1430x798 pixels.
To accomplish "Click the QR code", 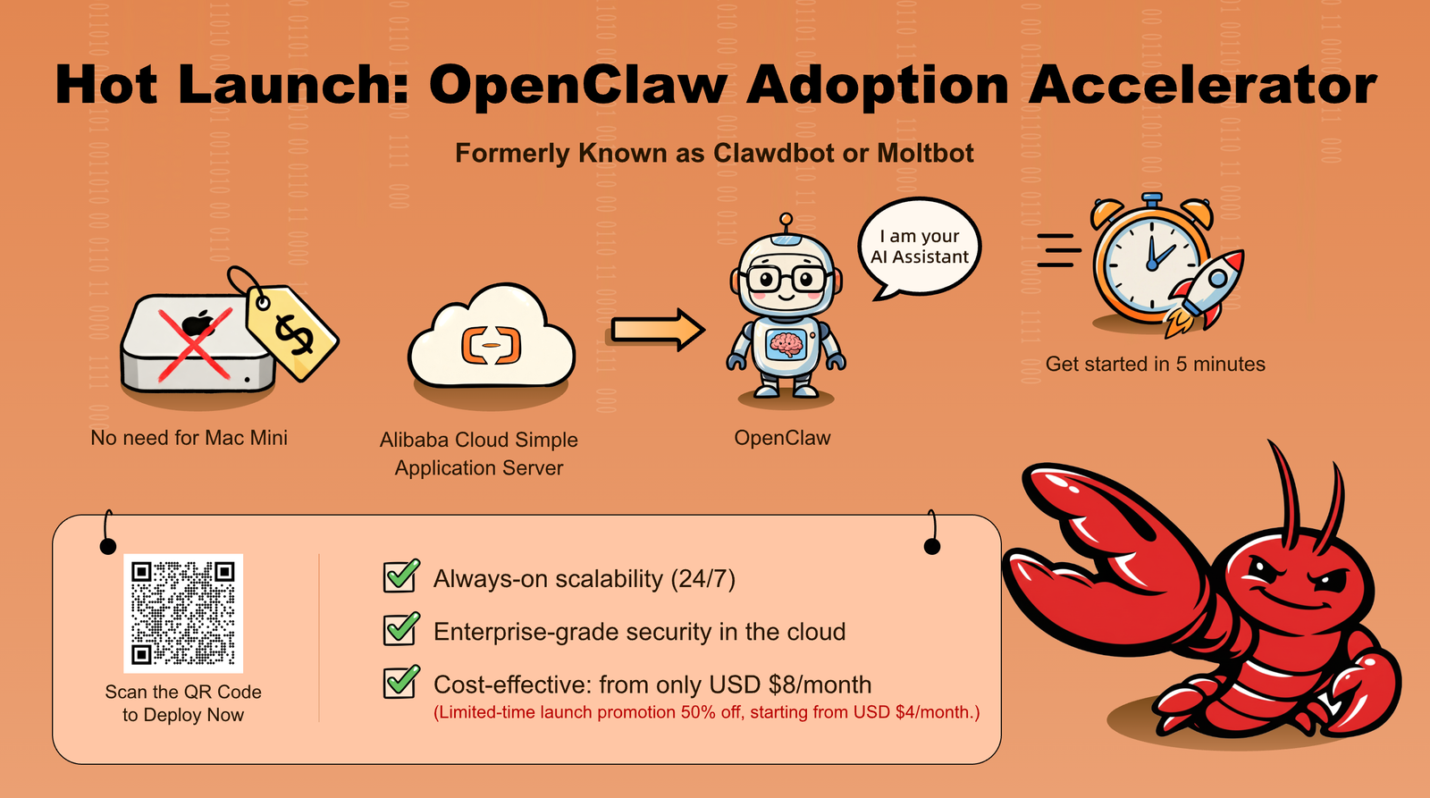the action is coord(183,613).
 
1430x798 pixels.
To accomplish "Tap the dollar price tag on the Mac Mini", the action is coord(291,332).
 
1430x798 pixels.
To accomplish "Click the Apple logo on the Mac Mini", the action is coord(198,323).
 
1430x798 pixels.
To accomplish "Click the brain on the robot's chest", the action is coord(786,345).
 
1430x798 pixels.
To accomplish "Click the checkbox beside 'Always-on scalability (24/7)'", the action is coord(401,576).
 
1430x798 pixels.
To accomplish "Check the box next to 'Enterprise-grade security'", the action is coord(401,629).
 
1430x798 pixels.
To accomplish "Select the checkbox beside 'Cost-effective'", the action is coord(401,683).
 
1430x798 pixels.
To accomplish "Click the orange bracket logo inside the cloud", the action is coord(491,345).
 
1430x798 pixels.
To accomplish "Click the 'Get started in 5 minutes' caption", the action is coord(1155,364).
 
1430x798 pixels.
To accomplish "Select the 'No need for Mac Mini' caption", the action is coord(189,438).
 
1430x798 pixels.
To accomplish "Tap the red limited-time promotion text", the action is coord(707,712).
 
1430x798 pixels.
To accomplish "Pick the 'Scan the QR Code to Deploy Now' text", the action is coord(183,703).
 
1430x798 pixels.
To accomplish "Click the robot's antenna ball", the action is coord(786,219).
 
